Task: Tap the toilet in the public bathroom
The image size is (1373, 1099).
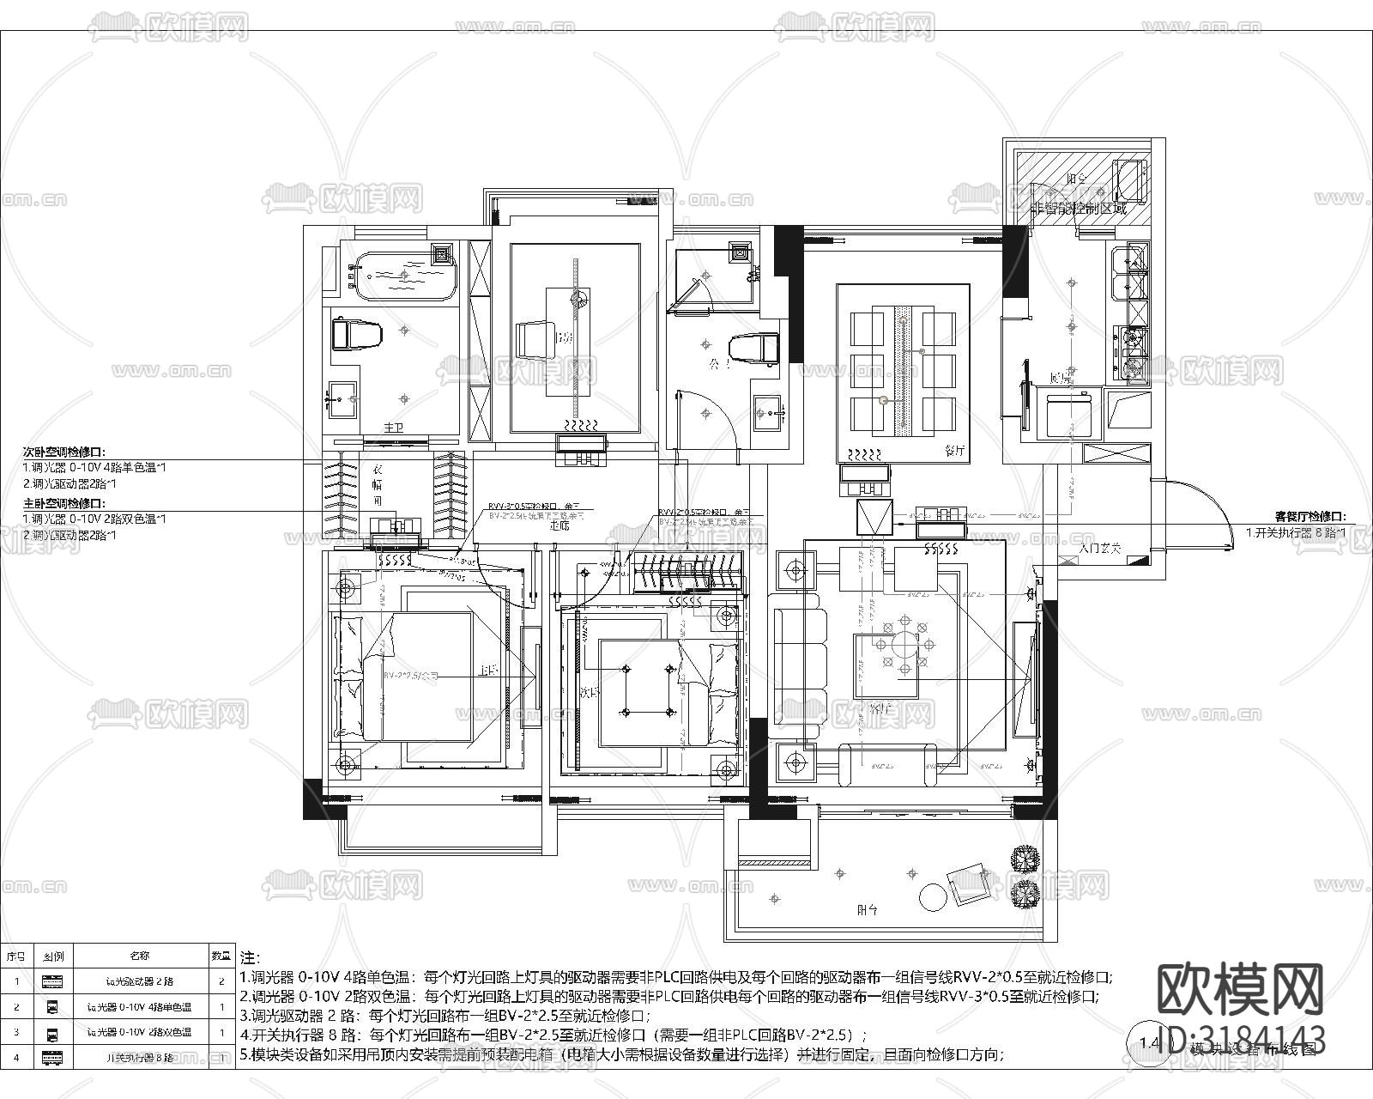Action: point(753,349)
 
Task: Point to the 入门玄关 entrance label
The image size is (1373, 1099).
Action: point(1099,547)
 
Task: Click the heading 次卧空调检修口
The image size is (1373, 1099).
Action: point(64,451)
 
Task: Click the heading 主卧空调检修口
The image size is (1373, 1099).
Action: point(64,503)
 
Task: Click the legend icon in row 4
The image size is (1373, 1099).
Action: point(51,1058)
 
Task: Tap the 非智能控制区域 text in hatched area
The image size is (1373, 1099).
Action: point(1079,209)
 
